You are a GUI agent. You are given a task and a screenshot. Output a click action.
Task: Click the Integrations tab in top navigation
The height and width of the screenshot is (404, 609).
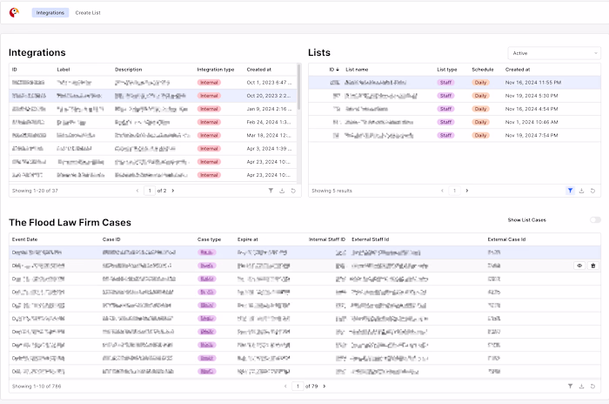[x=50, y=13]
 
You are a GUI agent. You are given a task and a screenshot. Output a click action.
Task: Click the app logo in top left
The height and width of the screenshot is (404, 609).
[x=14, y=13]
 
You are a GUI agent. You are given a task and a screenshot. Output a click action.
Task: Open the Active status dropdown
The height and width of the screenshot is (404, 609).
[x=553, y=53]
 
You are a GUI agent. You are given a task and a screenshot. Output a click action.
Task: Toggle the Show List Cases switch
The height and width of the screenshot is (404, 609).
[x=595, y=220]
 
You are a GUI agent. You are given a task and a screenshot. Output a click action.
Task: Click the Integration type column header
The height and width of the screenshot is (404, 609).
[x=215, y=69]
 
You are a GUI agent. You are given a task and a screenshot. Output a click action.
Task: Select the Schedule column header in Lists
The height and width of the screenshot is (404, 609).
[x=482, y=69]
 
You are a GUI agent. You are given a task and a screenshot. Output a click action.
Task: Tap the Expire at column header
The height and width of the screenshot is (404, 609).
[x=249, y=238]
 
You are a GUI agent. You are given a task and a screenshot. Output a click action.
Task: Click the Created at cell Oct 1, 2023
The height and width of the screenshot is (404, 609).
[x=270, y=82]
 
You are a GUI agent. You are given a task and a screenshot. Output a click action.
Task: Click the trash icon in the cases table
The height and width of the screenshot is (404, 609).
[x=593, y=266]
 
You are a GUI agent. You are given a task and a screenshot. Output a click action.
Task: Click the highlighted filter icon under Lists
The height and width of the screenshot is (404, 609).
[x=570, y=190]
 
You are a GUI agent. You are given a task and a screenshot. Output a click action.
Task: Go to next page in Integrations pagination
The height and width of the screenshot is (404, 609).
[x=172, y=190]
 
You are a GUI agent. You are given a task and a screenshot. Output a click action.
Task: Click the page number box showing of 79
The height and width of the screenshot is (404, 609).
[x=298, y=386]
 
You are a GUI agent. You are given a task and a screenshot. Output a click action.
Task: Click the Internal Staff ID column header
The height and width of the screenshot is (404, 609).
[x=327, y=238]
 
